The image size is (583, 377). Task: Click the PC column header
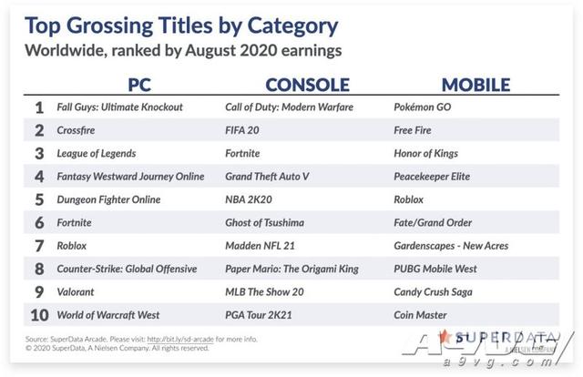[x=139, y=85]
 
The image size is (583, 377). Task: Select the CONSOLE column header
[x=308, y=85]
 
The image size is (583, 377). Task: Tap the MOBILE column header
[x=476, y=85]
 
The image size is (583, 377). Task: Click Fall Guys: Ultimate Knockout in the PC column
[x=119, y=107]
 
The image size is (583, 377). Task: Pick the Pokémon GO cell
[x=423, y=107]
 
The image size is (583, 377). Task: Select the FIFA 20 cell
[x=242, y=130]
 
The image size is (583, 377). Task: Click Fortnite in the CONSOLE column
[x=242, y=153]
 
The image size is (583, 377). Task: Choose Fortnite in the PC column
[x=74, y=222]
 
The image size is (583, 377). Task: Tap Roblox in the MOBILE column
[x=409, y=199]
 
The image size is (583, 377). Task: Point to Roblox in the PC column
[x=71, y=245]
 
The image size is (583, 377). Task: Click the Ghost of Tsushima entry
[x=265, y=222]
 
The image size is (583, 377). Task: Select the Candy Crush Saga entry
[x=434, y=292]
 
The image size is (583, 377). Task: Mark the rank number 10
[x=39, y=315]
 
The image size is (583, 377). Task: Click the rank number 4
[x=39, y=177]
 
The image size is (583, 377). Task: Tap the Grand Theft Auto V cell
[x=267, y=177]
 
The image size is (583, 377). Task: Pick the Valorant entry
[x=76, y=292]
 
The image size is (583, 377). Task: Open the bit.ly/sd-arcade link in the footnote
[x=180, y=339]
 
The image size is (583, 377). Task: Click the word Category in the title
[x=292, y=26]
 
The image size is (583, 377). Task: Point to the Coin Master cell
[x=420, y=315]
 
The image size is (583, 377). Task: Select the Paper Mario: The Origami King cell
[x=291, y=269]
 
